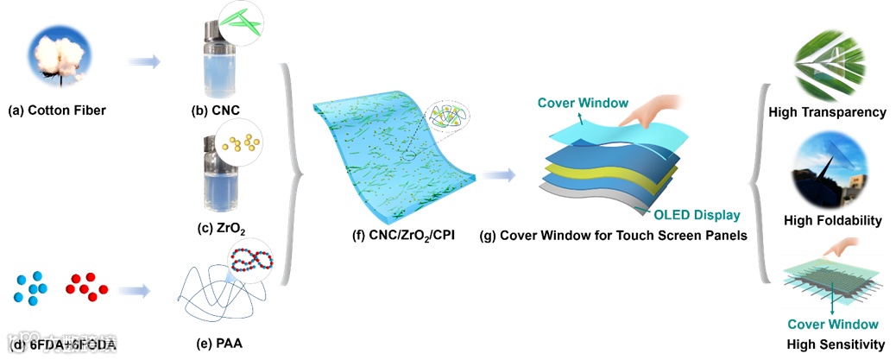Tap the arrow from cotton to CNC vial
(x=144, y=61)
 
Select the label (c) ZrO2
(x=215, y=229)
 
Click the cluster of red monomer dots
(x=86, y=287)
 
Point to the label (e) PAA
(x=215, y=346)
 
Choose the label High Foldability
(x=832, y=221)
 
